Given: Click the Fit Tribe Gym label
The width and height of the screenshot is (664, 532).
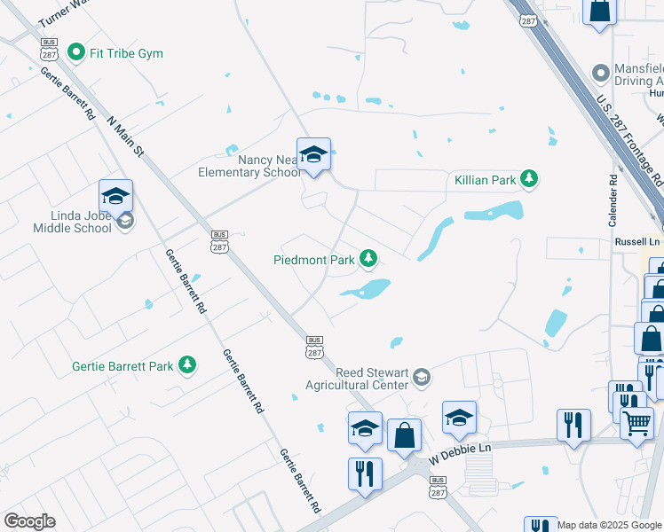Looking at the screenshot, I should [126, 53].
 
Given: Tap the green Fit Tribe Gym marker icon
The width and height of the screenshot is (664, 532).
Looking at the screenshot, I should [76, 53].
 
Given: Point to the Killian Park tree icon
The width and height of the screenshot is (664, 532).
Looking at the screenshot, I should [530, 180].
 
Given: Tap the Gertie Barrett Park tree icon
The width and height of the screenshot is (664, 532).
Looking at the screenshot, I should [187, 364].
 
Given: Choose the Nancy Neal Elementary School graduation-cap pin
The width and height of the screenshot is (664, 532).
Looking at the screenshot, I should [313, 154].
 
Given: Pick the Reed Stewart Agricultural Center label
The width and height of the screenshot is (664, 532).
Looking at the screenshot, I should [357, 379].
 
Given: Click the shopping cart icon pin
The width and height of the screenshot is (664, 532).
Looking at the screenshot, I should [636, 426].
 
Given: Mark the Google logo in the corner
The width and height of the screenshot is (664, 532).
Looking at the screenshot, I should [29, 521].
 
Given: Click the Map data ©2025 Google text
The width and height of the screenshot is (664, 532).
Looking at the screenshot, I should [610, 525].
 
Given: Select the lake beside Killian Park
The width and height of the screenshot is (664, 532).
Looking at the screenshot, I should [493, 211].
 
